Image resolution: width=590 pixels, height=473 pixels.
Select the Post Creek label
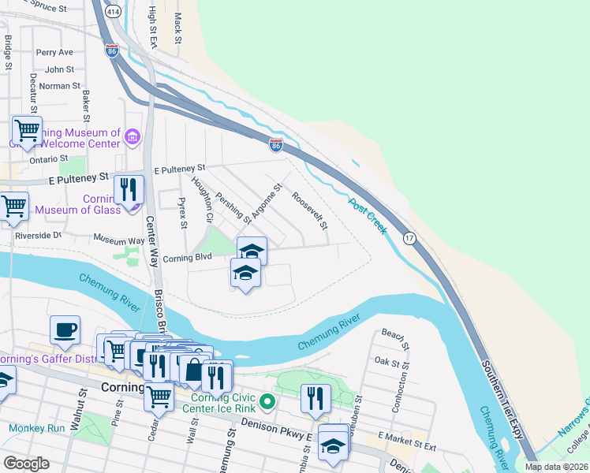pyautogui.click(x=368, y=215)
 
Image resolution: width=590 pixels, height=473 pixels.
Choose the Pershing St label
pyautogui.click(x=234, y=207)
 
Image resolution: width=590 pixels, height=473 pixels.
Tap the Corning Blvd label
pyautogui.click(x=188, y=256)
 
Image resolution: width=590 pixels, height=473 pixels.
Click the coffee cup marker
pyautogui.click(x=65, y=330)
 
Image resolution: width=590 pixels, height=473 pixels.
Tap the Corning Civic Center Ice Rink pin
pyautogui.click(x=268, y=402)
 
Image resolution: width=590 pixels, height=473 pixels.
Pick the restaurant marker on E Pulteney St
pyautogui.click(x=129, y=189)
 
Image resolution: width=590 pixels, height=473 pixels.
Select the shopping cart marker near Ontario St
pyautogui.click(x=27, y=129)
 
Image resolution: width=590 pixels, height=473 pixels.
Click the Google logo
pyautogui.click(x=27, y=464)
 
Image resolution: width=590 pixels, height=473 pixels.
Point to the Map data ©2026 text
pyautogui.click(x=555, y=467)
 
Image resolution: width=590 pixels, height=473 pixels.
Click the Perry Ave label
pyautogui.click(x=54, y=53)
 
